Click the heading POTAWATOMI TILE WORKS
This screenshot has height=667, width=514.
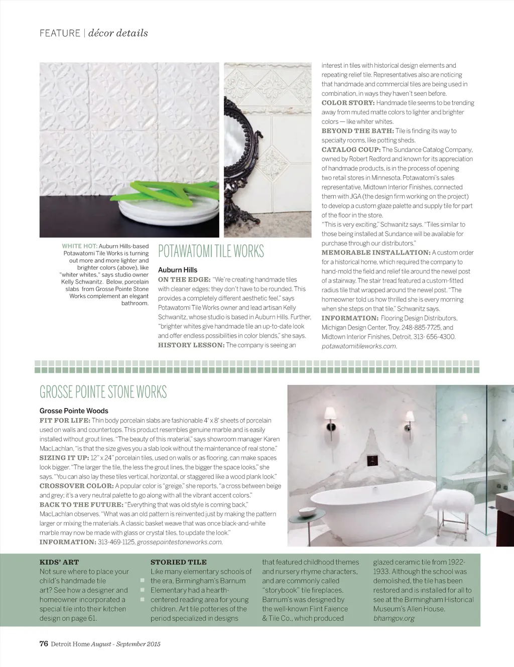point(211,251)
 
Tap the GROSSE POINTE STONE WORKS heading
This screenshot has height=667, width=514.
point(103,392)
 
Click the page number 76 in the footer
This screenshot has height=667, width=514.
point(44,644)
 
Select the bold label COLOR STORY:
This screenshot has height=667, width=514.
point(348,103)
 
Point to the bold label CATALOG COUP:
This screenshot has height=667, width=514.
point(350,150)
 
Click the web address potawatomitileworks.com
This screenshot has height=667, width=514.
point(359,346)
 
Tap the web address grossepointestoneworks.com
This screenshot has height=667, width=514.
point(180,542)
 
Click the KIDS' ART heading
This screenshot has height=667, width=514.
point(59,562)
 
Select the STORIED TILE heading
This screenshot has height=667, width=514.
point(179,562)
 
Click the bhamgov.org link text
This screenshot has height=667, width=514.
point(394,618)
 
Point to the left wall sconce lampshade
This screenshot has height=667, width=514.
point(331,414)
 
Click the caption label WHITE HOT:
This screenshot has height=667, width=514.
point(79,246)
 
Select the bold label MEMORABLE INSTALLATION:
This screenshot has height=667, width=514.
point(375,252)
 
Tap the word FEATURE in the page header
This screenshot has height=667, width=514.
point(60,33)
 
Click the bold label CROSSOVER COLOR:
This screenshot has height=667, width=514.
point(76,486)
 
